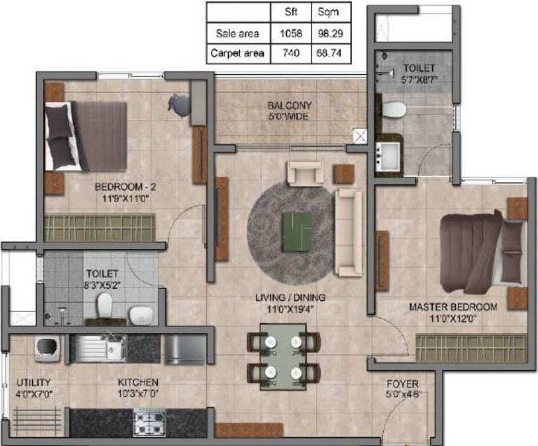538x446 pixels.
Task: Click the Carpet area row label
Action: coord(238,53)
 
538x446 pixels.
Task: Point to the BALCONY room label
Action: coord(289,106)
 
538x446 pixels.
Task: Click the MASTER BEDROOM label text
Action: coord(454,307)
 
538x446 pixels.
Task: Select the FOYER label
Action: coord(403,384)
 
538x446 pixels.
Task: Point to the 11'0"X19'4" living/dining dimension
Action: coord(290,308)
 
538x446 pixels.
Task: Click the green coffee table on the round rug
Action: coord(297,228)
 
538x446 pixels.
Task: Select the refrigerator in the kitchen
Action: coord(185,349)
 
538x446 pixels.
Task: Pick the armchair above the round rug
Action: coord(304,173)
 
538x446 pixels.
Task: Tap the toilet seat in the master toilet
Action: coord(394,109)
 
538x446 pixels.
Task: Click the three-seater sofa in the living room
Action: coord(348,231)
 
